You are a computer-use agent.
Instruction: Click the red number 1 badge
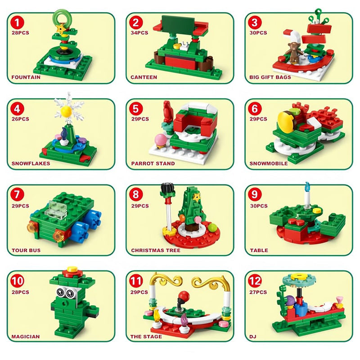[17, 23]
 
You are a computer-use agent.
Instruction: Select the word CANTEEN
[144, 77]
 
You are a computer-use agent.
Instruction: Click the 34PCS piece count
[139, 33]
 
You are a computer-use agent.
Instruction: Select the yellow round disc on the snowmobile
[285, 121]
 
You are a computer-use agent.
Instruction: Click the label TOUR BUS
[26, 250]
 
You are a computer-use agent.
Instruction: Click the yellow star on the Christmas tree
[197, 197]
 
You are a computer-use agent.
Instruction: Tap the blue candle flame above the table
[307, 186]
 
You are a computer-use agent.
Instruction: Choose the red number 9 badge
[255, 194]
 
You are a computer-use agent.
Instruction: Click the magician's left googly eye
[60, 292]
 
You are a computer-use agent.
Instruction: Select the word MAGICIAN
[26, 337]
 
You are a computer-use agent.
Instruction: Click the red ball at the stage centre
[184, 295]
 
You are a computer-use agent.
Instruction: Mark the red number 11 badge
[136, 280]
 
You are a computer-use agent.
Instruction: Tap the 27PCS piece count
[258, 292]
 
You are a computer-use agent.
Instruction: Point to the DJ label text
[253, 337]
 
